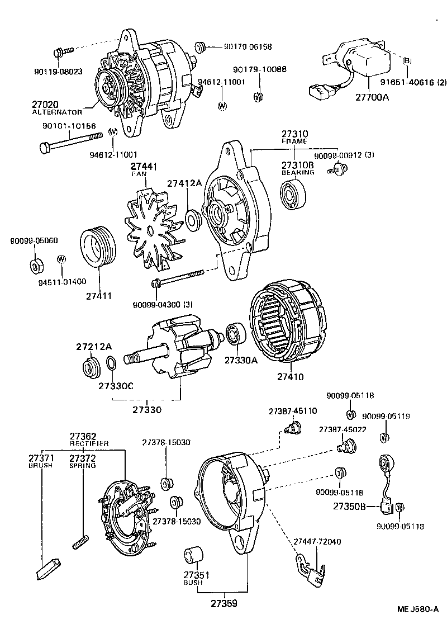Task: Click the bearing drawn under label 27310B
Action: [x=295, y=195]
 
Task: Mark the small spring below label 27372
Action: [x=81, y=542]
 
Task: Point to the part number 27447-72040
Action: [x=317, y=542]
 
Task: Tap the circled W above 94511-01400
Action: [x=61, y=259]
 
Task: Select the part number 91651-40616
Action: [x=410, y=83]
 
